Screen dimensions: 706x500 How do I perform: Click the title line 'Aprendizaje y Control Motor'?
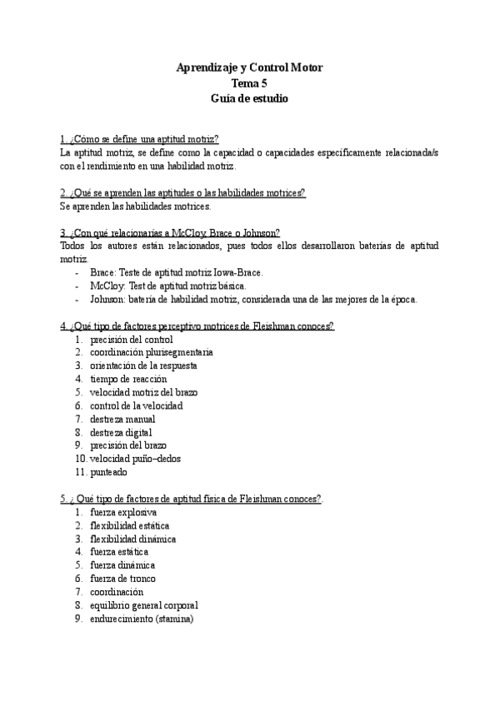(249, 67)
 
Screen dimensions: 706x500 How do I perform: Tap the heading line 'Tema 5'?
(249, 82)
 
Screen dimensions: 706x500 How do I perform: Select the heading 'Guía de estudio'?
(249, 98)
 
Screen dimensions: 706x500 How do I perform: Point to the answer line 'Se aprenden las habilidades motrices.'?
(137, 206)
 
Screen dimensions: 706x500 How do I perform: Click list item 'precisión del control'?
(132, 340)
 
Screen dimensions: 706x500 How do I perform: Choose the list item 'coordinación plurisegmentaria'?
(151, 353)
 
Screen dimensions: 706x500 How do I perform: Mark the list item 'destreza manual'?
(122, 419)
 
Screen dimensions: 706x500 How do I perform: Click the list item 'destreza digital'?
(121, 432)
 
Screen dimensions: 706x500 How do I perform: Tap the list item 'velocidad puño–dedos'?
(135, 459)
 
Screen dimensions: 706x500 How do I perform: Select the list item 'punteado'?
(108, 472)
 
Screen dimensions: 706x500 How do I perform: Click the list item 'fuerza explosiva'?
(123, 512)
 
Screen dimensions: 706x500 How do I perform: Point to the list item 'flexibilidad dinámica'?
(132, 539)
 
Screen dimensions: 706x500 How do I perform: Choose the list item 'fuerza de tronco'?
(122, 579)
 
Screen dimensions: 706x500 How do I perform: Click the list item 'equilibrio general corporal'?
(143, 605)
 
